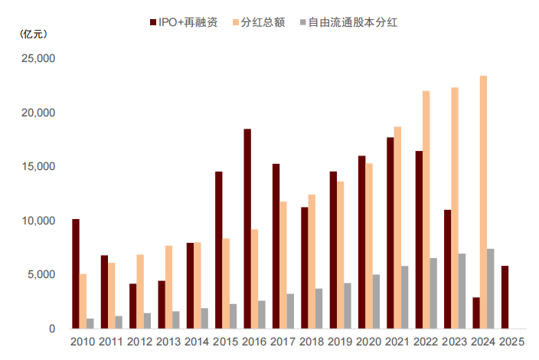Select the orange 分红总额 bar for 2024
tap(483, 202)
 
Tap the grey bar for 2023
tap(462, 291)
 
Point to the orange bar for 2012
tap(140, 291)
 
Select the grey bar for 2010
tap(90, 323)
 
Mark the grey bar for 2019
tap(348, 306)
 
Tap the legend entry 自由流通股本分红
tap(351, 23)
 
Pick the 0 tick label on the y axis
tap(51, 329)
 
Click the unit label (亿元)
tap(33, 34)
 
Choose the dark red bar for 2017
tap(276, 246)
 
